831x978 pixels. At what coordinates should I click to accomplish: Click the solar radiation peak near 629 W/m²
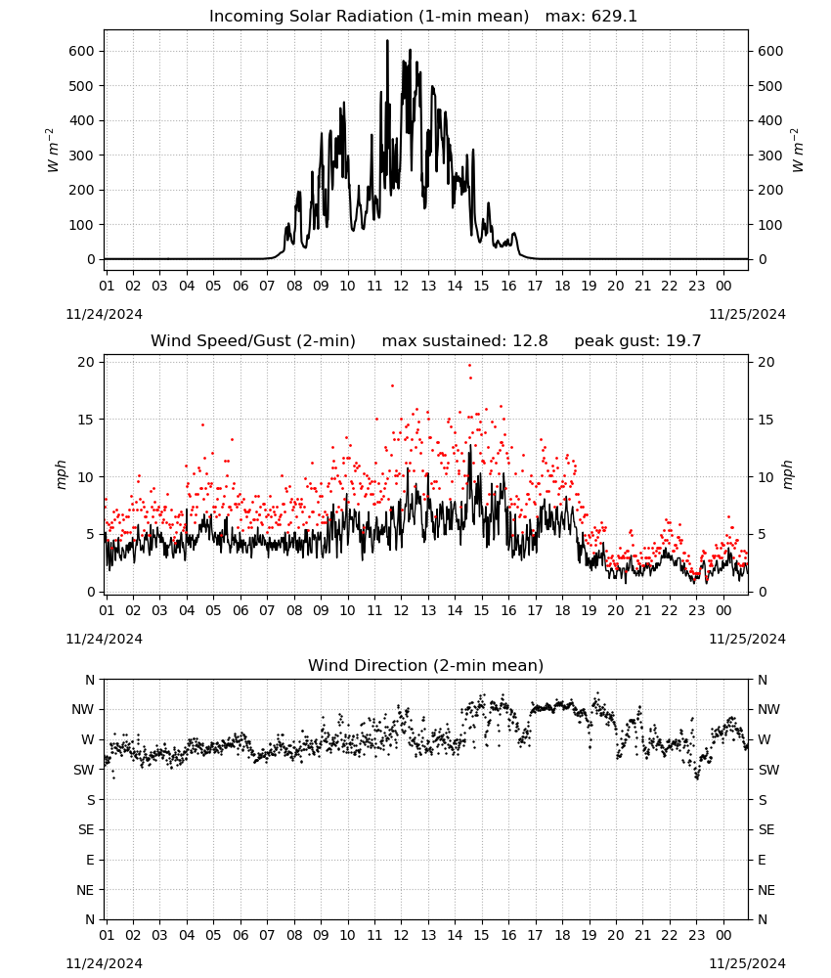click(387, 41)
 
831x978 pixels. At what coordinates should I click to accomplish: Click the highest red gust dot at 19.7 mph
click(470, 366)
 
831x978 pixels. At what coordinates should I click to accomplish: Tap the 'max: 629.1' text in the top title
click(591, 17)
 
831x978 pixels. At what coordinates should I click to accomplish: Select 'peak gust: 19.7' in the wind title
click(637, 341)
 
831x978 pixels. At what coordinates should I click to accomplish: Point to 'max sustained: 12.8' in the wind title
click(464, 341)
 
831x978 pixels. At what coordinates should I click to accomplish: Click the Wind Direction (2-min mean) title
click(426, 665)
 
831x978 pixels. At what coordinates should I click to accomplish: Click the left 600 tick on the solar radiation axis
click(81, 51)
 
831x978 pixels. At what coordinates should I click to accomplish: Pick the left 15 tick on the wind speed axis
click(85, 420)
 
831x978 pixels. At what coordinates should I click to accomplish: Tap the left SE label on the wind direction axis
click(86, 829)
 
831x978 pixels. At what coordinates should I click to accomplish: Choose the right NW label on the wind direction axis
click(768, 709)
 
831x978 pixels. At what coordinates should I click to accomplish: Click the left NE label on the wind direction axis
click(85, 890)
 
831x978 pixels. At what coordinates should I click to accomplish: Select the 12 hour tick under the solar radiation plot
click(401, 286)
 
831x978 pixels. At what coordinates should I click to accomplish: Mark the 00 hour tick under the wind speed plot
click(723, 610)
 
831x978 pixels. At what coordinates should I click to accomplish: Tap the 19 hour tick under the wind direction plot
click(590, 935)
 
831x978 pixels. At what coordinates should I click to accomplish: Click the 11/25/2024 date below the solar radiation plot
click(747, 314)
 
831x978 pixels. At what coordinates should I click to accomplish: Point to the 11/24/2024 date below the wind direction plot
click(104, 963)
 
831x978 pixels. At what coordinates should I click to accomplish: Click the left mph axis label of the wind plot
click(61, 474)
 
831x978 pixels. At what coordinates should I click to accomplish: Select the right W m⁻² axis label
click(798, 151)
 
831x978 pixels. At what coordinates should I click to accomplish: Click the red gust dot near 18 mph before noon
click(392, 386)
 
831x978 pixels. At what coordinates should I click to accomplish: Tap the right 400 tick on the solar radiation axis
click(770, 120)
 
